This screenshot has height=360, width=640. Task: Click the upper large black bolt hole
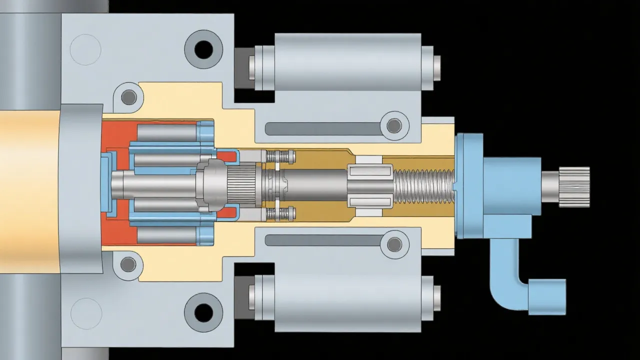point(203,49)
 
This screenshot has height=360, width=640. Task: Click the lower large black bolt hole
point(203,312)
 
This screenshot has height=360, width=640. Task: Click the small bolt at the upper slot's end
point(394,125)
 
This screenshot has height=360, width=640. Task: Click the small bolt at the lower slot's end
point(394,244)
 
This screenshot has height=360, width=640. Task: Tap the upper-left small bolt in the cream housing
point(128,97)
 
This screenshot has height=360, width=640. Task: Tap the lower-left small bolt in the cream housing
point(128,263)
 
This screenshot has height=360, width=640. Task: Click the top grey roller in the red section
point(166,132)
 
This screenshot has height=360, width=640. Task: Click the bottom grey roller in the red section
point(166,235)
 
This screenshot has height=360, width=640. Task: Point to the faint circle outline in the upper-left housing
point(86,49)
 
